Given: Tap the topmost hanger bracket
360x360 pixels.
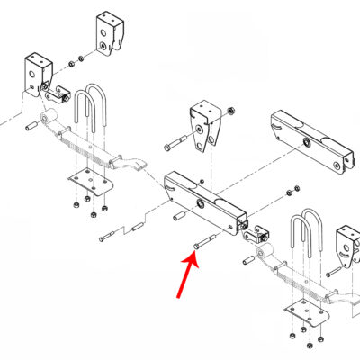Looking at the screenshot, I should [109, 34].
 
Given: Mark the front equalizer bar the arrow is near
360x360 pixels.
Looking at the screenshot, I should [204, 200].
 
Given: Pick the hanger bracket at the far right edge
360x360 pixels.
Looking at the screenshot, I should [346, 247].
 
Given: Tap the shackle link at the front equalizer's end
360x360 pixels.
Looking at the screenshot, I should [256, 236].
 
